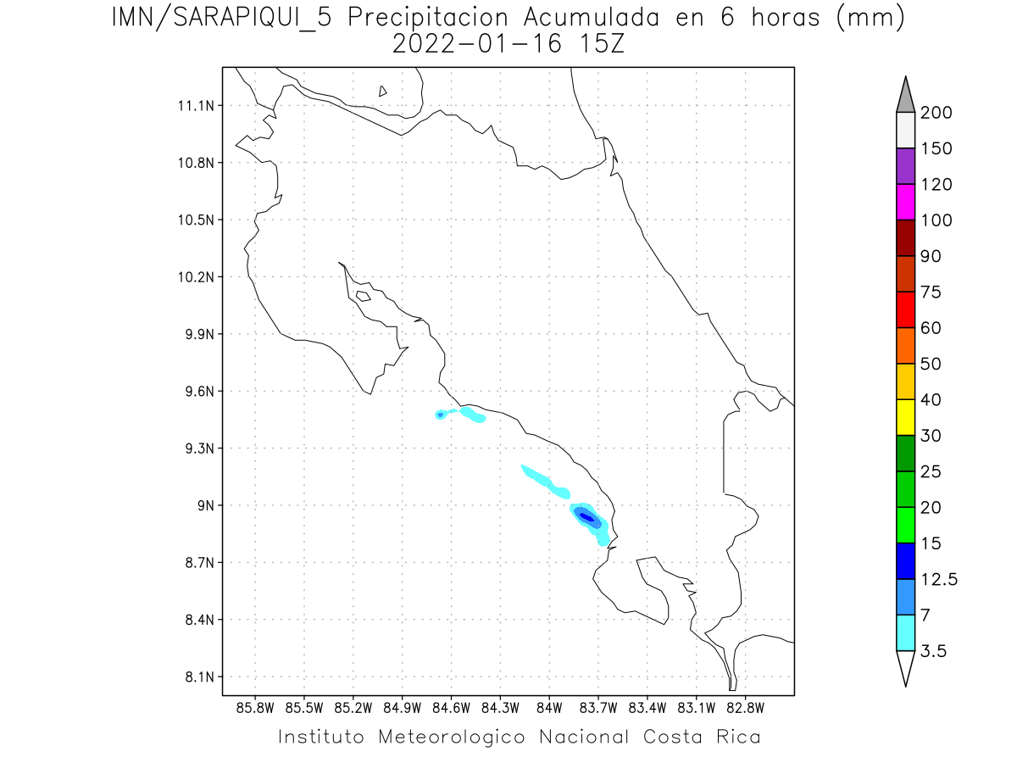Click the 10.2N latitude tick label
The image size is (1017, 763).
point(195,277)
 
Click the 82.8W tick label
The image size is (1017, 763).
point(745,708)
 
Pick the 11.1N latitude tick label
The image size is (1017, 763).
point(195,106)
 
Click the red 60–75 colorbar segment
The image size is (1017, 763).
point(905,309)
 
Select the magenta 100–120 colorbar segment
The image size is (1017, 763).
point(905,202)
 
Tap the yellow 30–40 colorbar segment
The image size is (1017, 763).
point(905,417)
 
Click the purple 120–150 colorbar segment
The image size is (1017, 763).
point(905,166)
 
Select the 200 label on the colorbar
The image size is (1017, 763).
point(936,113)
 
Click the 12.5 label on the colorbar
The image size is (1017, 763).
point(939,579)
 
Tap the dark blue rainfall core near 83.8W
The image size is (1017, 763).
point(586,516)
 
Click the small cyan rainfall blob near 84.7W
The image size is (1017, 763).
point(441,415)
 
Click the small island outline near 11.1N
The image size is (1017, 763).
point(383,91)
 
